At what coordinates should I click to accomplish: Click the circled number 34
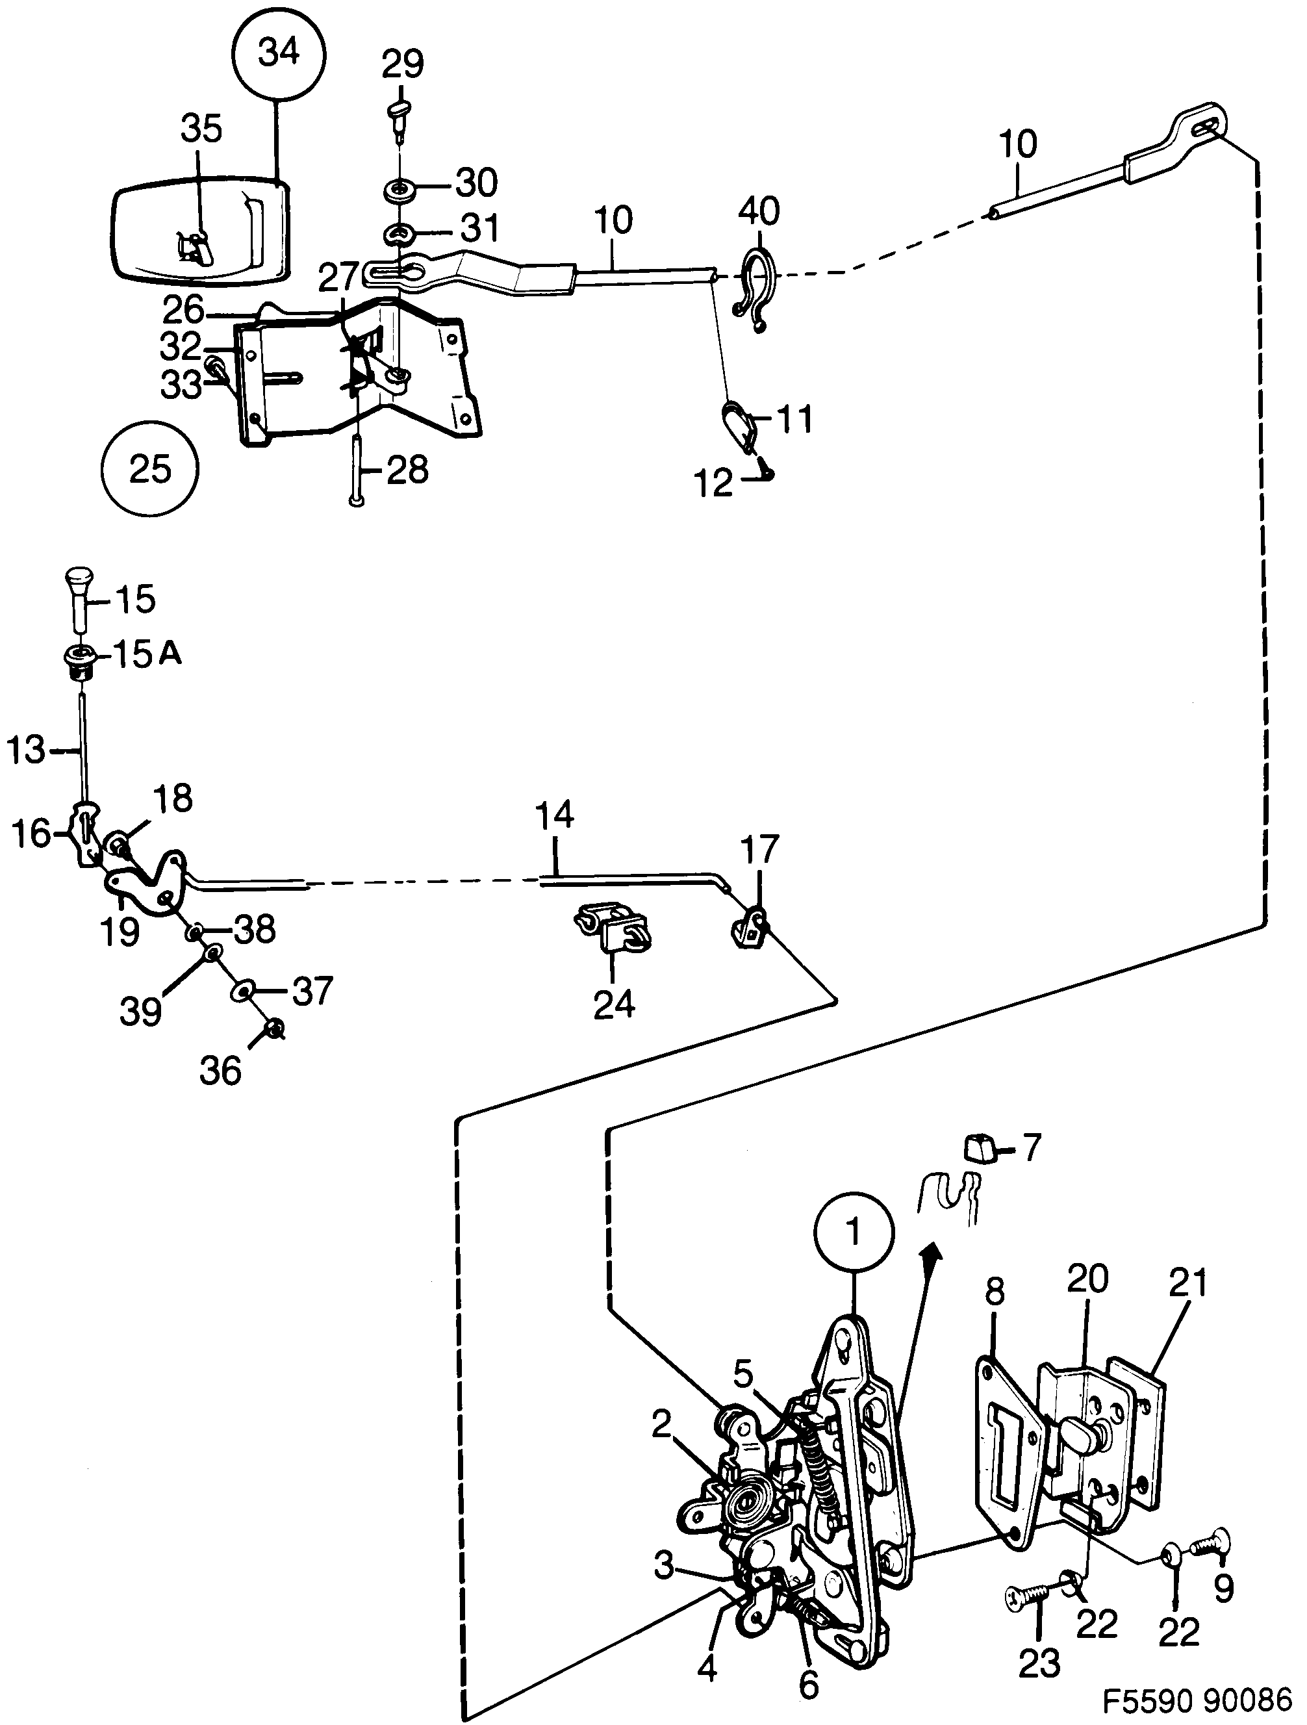[279, 54]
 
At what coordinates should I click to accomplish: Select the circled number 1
[854, 1232]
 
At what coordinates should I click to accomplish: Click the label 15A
[147, 654]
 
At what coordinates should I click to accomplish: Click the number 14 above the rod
[555, 815]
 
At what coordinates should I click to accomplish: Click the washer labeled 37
[242, 991]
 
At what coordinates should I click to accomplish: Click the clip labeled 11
[739, 427]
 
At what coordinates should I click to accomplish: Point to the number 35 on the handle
[202, 129]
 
